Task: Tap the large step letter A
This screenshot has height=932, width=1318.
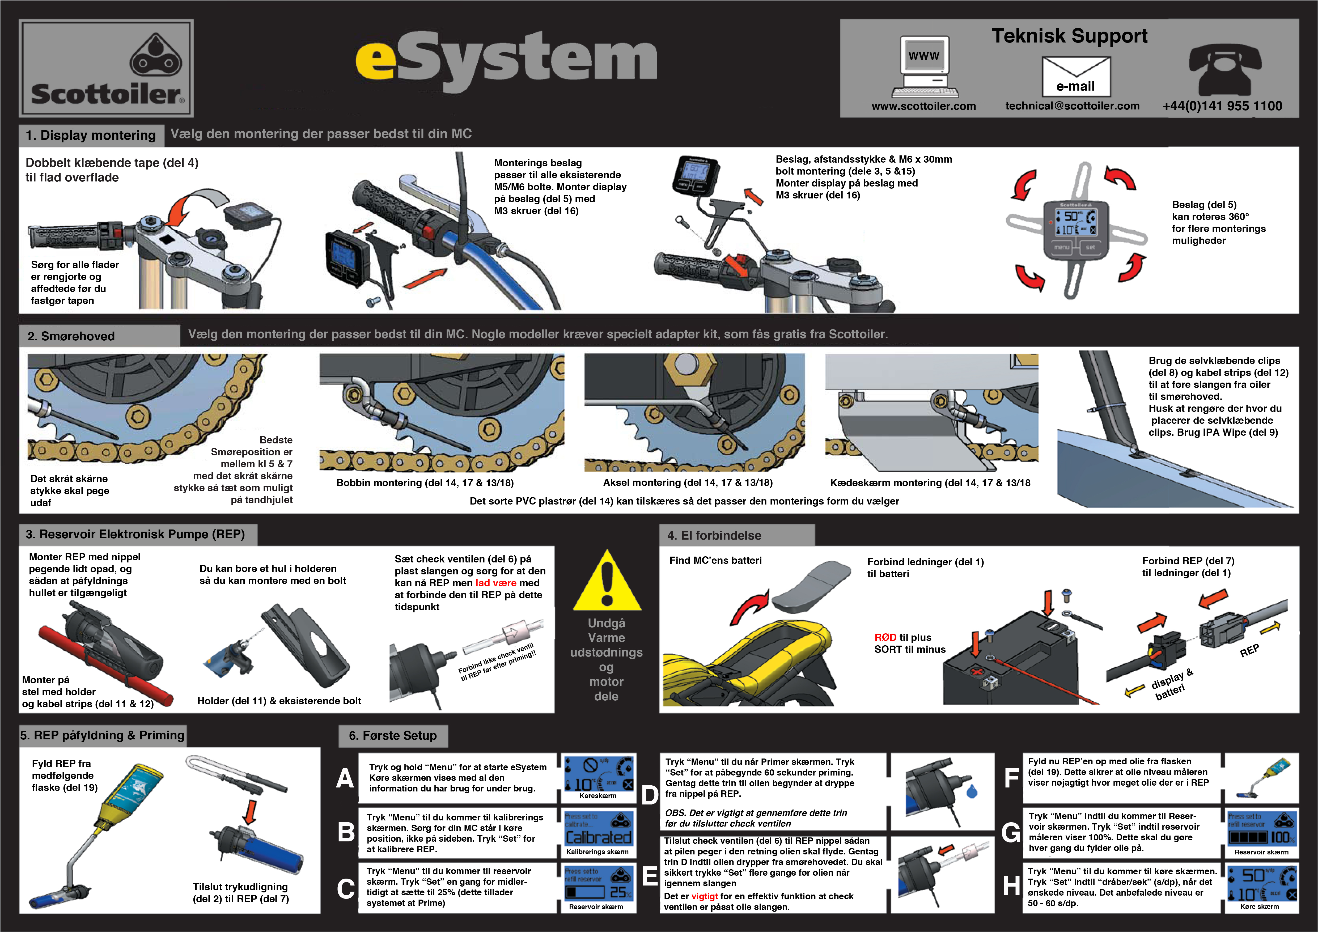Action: (x=345, y=779)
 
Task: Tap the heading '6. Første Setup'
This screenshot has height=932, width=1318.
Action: (x=393, y=736)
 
